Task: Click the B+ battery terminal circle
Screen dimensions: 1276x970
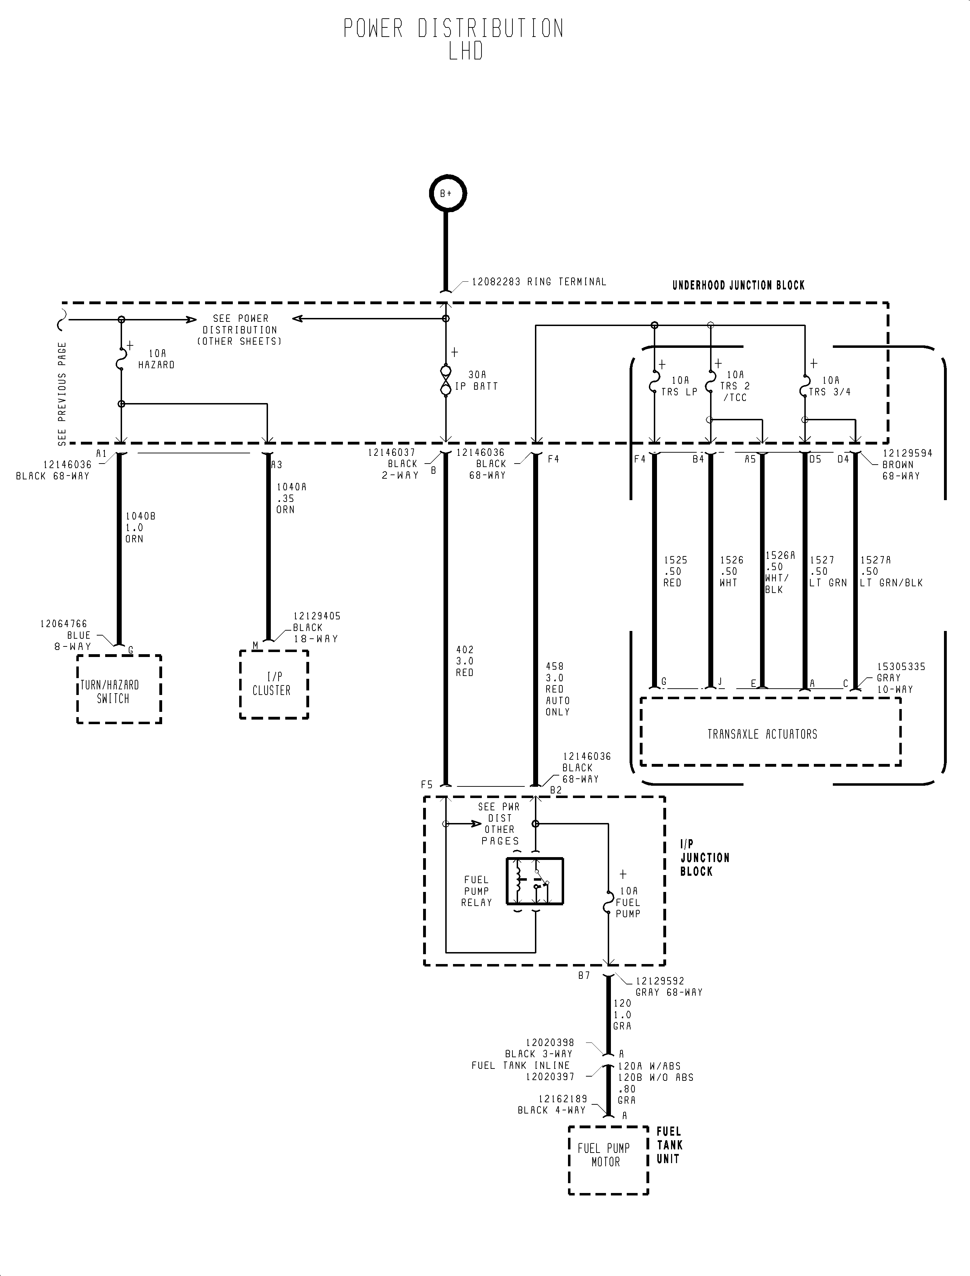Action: point(447,193)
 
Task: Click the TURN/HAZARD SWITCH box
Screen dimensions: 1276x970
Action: point(119,689)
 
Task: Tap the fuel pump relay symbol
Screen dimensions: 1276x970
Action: point(534,881)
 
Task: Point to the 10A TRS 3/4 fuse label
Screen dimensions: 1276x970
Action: point(830,386)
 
